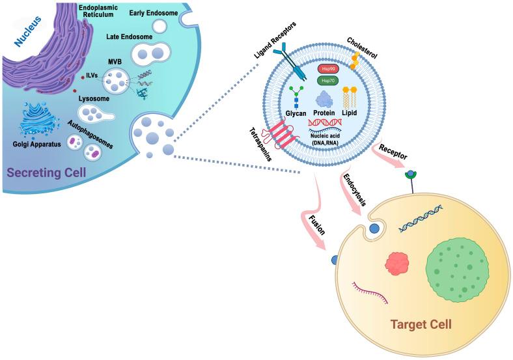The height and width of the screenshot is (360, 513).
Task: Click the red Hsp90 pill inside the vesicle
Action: pyautogui.click(x=327, y=68)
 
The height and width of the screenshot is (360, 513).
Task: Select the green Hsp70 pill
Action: pyautogui.click(x=327, y=80)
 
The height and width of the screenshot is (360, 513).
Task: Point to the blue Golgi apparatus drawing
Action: pyautogui.click(x=41, y=123)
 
